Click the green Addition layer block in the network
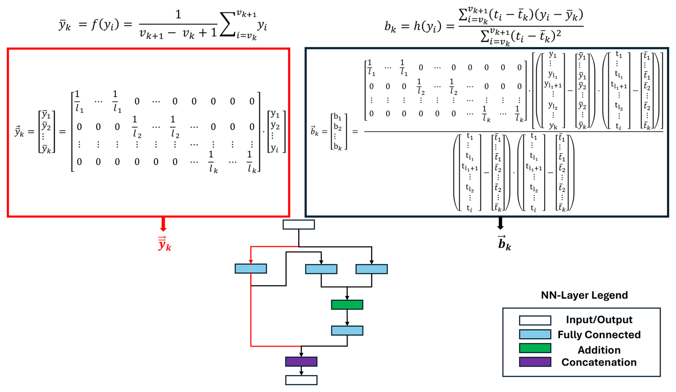347,305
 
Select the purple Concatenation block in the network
301,362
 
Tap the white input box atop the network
299,225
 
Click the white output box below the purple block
301,380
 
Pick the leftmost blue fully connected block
251,269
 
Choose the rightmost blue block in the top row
372,269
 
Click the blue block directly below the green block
347,330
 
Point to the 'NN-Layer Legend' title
584,295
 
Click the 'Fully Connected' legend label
599,335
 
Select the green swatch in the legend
535,348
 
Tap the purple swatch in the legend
535,362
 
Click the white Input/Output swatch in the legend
535,320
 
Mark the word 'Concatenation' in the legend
599,362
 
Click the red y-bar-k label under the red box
164,244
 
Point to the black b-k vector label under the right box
504,243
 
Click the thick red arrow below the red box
163,224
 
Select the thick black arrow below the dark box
500,223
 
